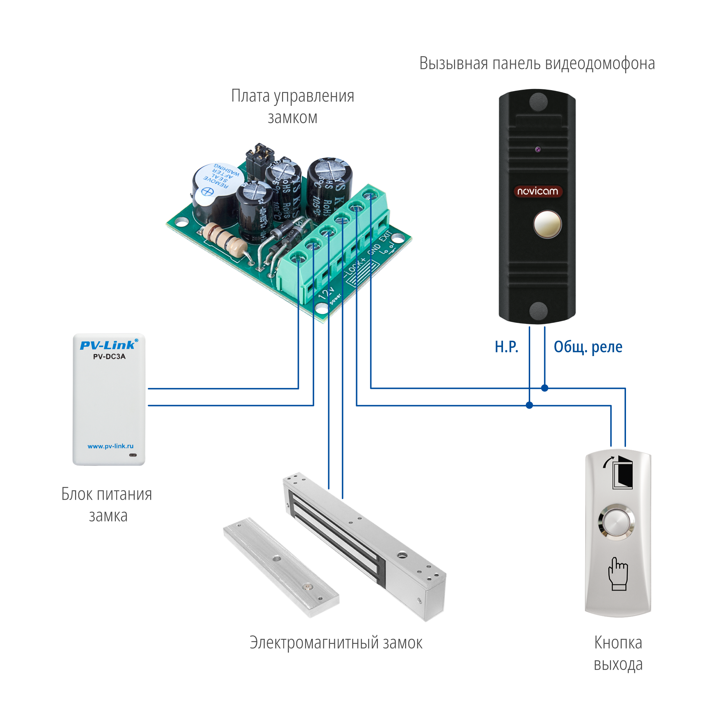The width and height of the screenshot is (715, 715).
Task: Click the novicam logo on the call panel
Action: click(x=537, y=191)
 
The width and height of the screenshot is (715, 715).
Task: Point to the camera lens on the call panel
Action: click(x=537, y=149)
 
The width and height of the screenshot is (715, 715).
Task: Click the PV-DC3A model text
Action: click(x=109, y=357)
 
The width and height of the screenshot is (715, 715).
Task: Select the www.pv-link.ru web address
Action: click(x=110, y=446)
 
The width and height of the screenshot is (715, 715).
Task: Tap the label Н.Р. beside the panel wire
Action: click(x=506, y=347)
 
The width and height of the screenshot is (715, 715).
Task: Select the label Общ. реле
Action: click(x=588, y=347)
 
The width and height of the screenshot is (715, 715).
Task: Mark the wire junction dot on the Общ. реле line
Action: click(x=544, y=388)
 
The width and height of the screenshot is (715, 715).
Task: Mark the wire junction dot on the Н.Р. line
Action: click(x=529, y=405)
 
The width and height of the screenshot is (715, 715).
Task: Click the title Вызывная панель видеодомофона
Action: click(x=537, y=64)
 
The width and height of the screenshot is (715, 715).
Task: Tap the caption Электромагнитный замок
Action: click(x=336, y=643)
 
